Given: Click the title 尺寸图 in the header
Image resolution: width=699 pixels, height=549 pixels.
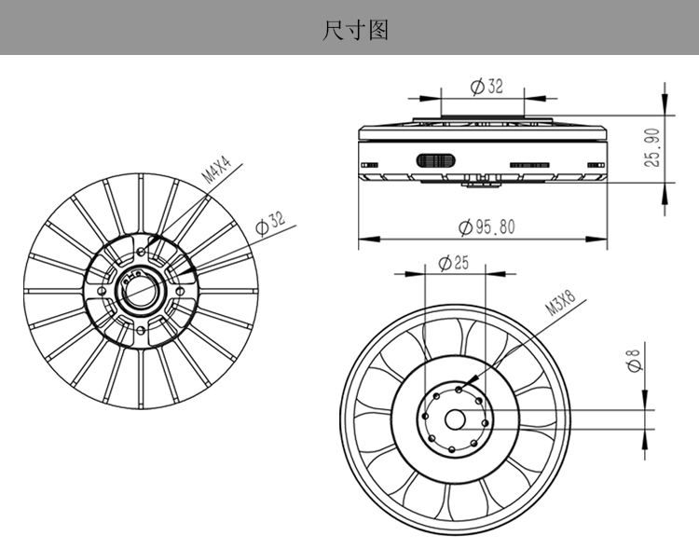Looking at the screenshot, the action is pyautogui.click(x=355, y=31).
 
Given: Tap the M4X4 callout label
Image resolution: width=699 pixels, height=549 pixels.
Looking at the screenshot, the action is pyautogui.click(x=216, y=170).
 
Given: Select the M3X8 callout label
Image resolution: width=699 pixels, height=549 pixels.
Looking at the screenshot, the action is pyautogui.click(x=560, y=302).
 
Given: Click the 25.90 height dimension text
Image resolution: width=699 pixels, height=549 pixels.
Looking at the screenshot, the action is pyautogui.click(x=652, y=147).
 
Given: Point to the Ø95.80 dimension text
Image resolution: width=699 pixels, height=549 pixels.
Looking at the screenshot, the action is pyautogui.click(x=487, y=227).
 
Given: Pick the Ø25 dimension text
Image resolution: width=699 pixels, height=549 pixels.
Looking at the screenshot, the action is pyautogui.click(x=454, y=263).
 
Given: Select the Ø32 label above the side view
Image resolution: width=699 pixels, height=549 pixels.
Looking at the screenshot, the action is pyautogui.click(x=487, y=86).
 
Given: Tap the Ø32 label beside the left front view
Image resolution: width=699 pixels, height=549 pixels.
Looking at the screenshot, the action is pyautogui.click(x=269, y=223).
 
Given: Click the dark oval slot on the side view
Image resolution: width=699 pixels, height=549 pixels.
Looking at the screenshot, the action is pyautogui.click(x=435, y=160).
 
